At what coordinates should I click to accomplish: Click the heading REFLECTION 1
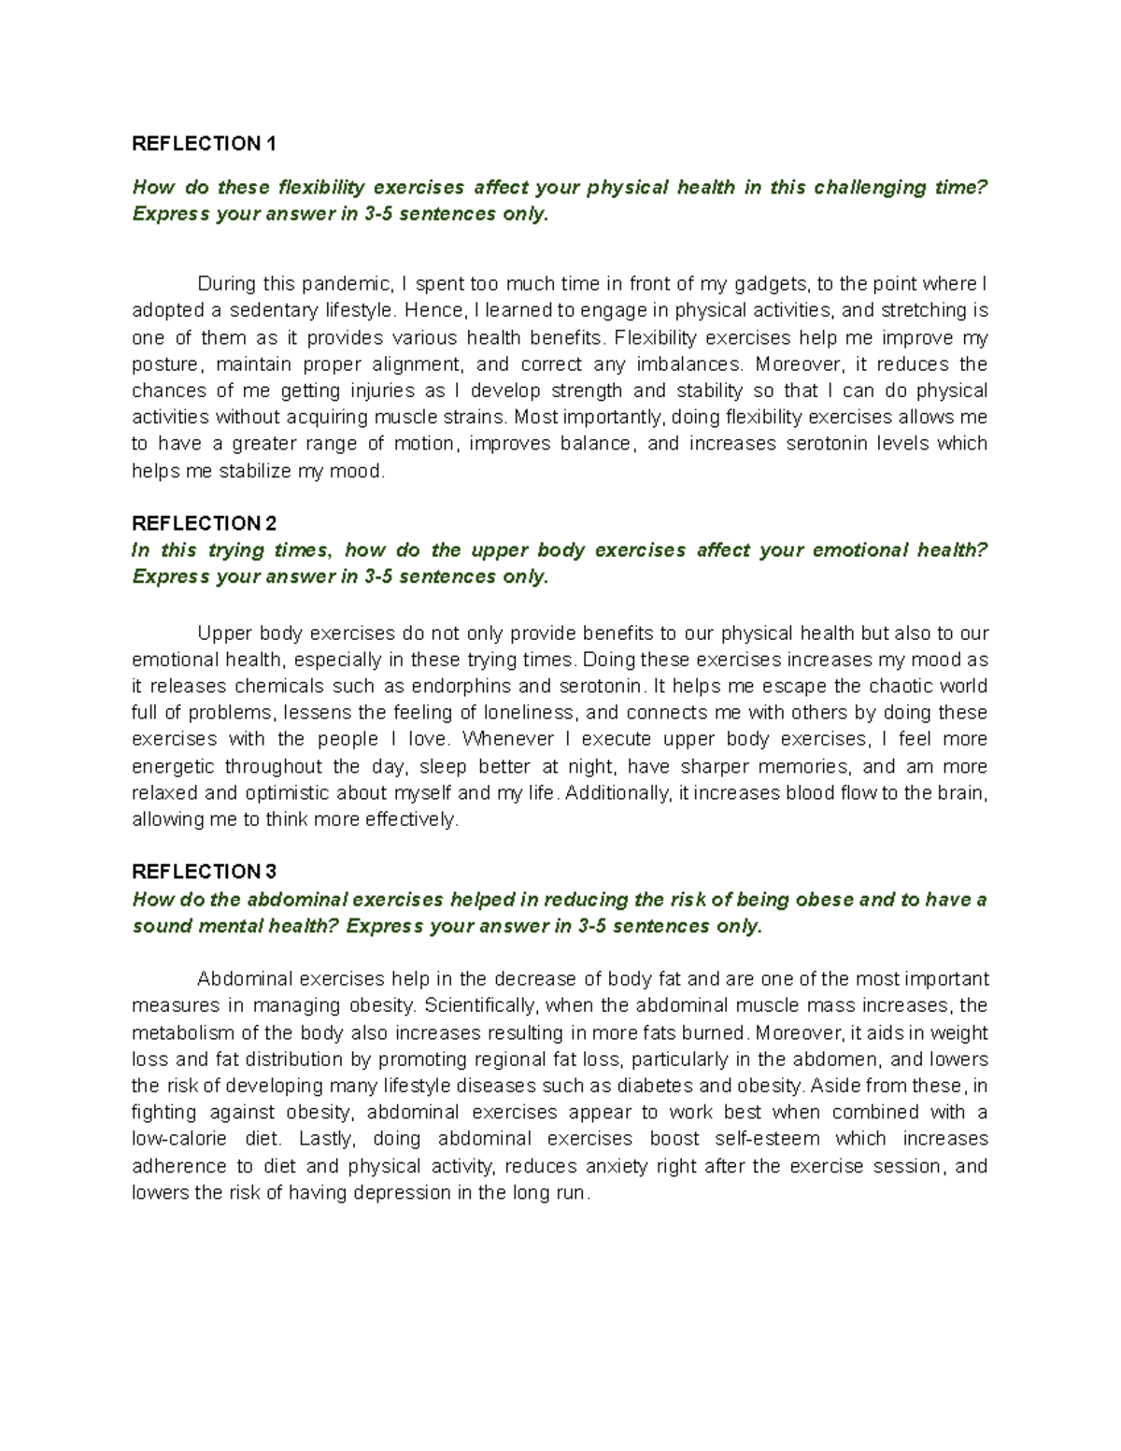(x=205, y=143)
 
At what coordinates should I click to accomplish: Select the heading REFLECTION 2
(x=205, y=522)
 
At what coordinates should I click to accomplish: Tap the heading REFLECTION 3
(x=205, y=872)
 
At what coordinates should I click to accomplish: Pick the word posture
(x=163, y=363)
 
